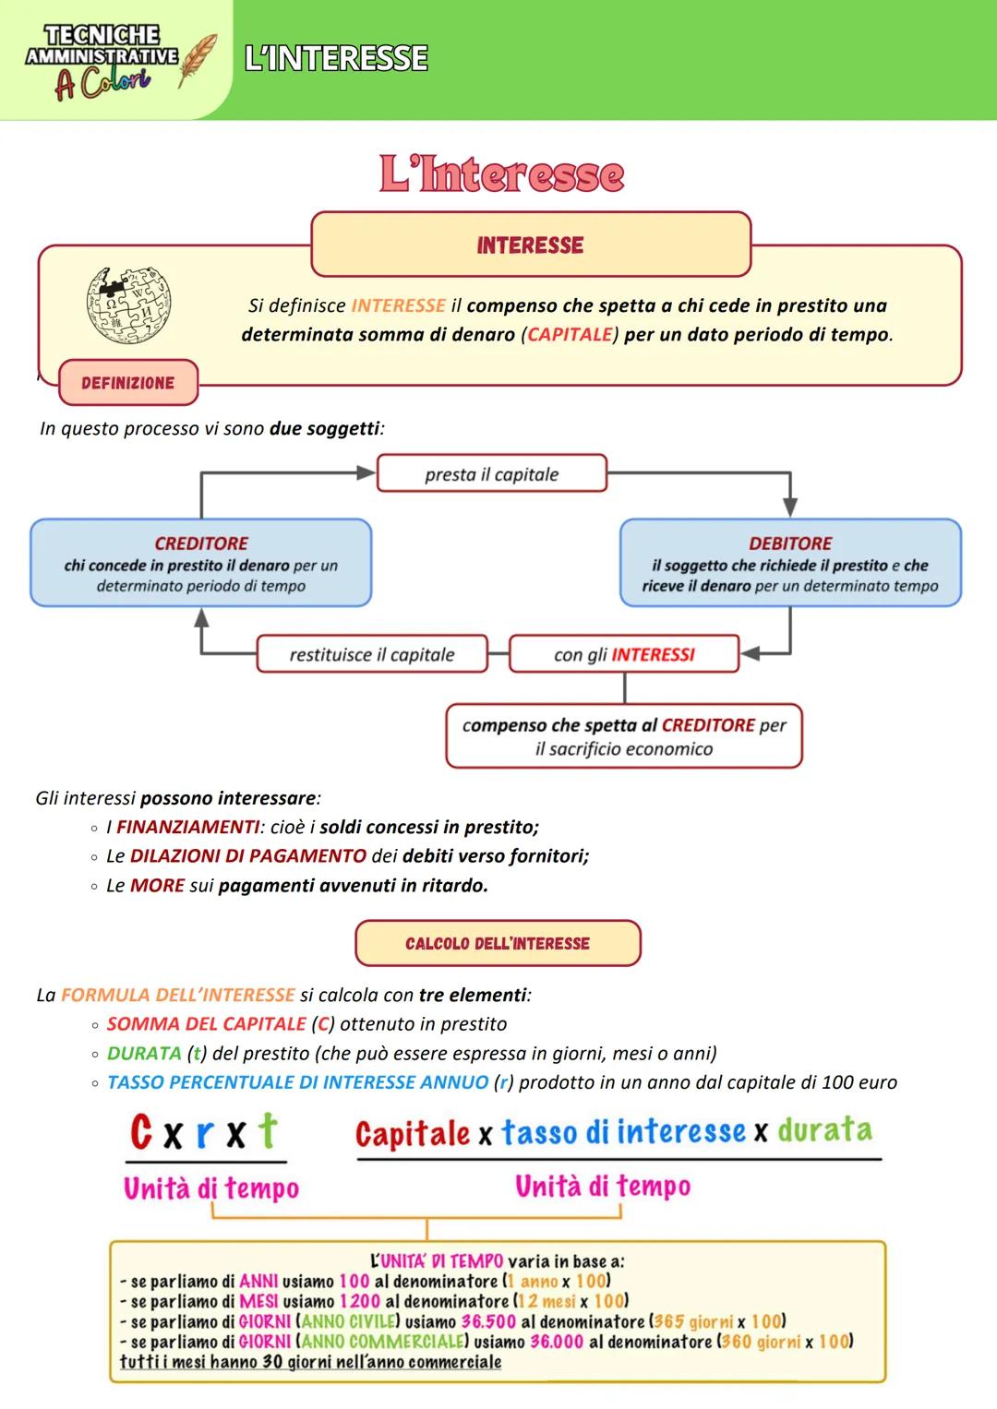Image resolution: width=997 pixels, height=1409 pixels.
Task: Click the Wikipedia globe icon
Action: click(128, 304)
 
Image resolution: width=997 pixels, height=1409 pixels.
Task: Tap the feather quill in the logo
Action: click(198, 60)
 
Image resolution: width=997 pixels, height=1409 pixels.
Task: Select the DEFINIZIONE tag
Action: click(127, 383)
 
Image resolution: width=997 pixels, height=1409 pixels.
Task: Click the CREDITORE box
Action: click(201, 563)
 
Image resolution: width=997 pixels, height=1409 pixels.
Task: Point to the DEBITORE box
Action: click(790, 563)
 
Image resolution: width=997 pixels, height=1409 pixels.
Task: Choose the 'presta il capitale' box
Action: click(491, 474)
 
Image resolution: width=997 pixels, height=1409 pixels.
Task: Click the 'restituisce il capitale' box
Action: click(372, 654)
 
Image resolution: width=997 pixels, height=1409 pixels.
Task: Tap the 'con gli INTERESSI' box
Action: click(624, 654)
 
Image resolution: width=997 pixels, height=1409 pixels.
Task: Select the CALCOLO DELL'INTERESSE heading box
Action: click(498, 943)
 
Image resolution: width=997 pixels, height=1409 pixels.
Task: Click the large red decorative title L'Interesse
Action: click(501, 174)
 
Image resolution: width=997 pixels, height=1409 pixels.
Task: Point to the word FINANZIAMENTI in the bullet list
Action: click(187, 827)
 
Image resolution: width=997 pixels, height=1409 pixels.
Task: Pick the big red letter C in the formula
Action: click(141, 1131)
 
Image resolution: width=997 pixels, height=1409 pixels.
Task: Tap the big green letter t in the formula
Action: click(267, 1130)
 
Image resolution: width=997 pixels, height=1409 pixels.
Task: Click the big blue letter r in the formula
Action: click(205, 1134)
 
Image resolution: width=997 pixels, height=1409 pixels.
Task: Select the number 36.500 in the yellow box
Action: click(488, 1321)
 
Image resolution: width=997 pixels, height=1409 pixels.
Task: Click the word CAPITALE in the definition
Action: click(570, 334)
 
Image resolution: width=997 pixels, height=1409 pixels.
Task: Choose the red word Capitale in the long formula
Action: click(413, 1133)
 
